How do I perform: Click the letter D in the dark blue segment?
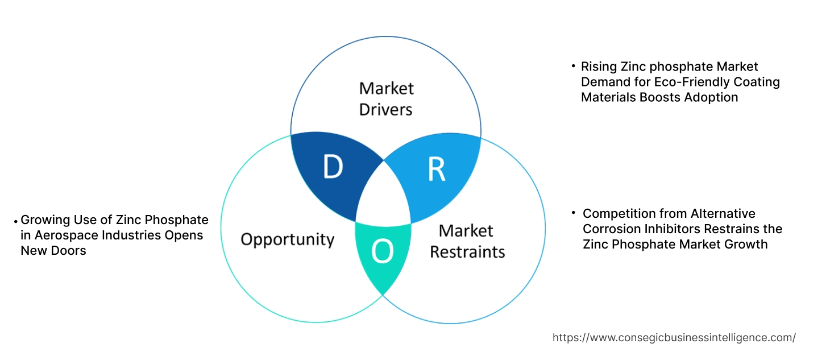[333, 167]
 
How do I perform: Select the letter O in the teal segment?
[382, 252]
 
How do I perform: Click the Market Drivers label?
[386, 98]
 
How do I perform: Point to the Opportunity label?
[287, 239]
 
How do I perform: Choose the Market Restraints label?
[467, 241]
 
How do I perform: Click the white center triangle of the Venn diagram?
[383, 196]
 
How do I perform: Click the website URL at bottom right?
[674, 338]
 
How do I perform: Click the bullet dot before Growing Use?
[16, 220]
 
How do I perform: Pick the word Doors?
[69, 250]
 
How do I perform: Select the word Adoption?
[712, 97]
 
